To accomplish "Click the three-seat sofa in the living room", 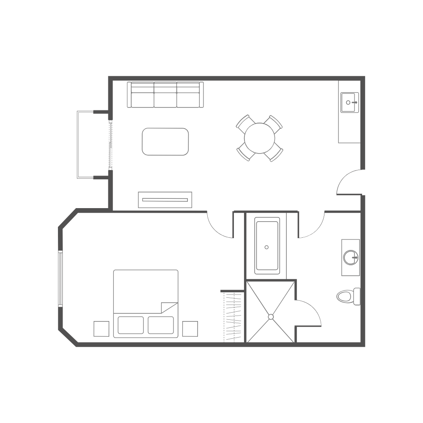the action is [x=165, y=95].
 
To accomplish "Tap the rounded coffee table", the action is [x=165, y=142].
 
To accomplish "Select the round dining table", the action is [x=259, y=138].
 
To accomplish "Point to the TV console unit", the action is [x=165, y=200].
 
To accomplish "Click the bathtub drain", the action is [x=267, y=247].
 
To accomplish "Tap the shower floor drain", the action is [x=271, y=316].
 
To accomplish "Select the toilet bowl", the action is [x=346, y=296].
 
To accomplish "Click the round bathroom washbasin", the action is [x=351, y=257].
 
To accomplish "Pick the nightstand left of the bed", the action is [x=102, y=329].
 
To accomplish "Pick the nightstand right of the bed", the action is [x=190, y=329].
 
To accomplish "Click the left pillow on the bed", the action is [x=131, y=325].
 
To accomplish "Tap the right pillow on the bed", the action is [x=161, y=325].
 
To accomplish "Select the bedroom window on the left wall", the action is [x=60, y=278].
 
